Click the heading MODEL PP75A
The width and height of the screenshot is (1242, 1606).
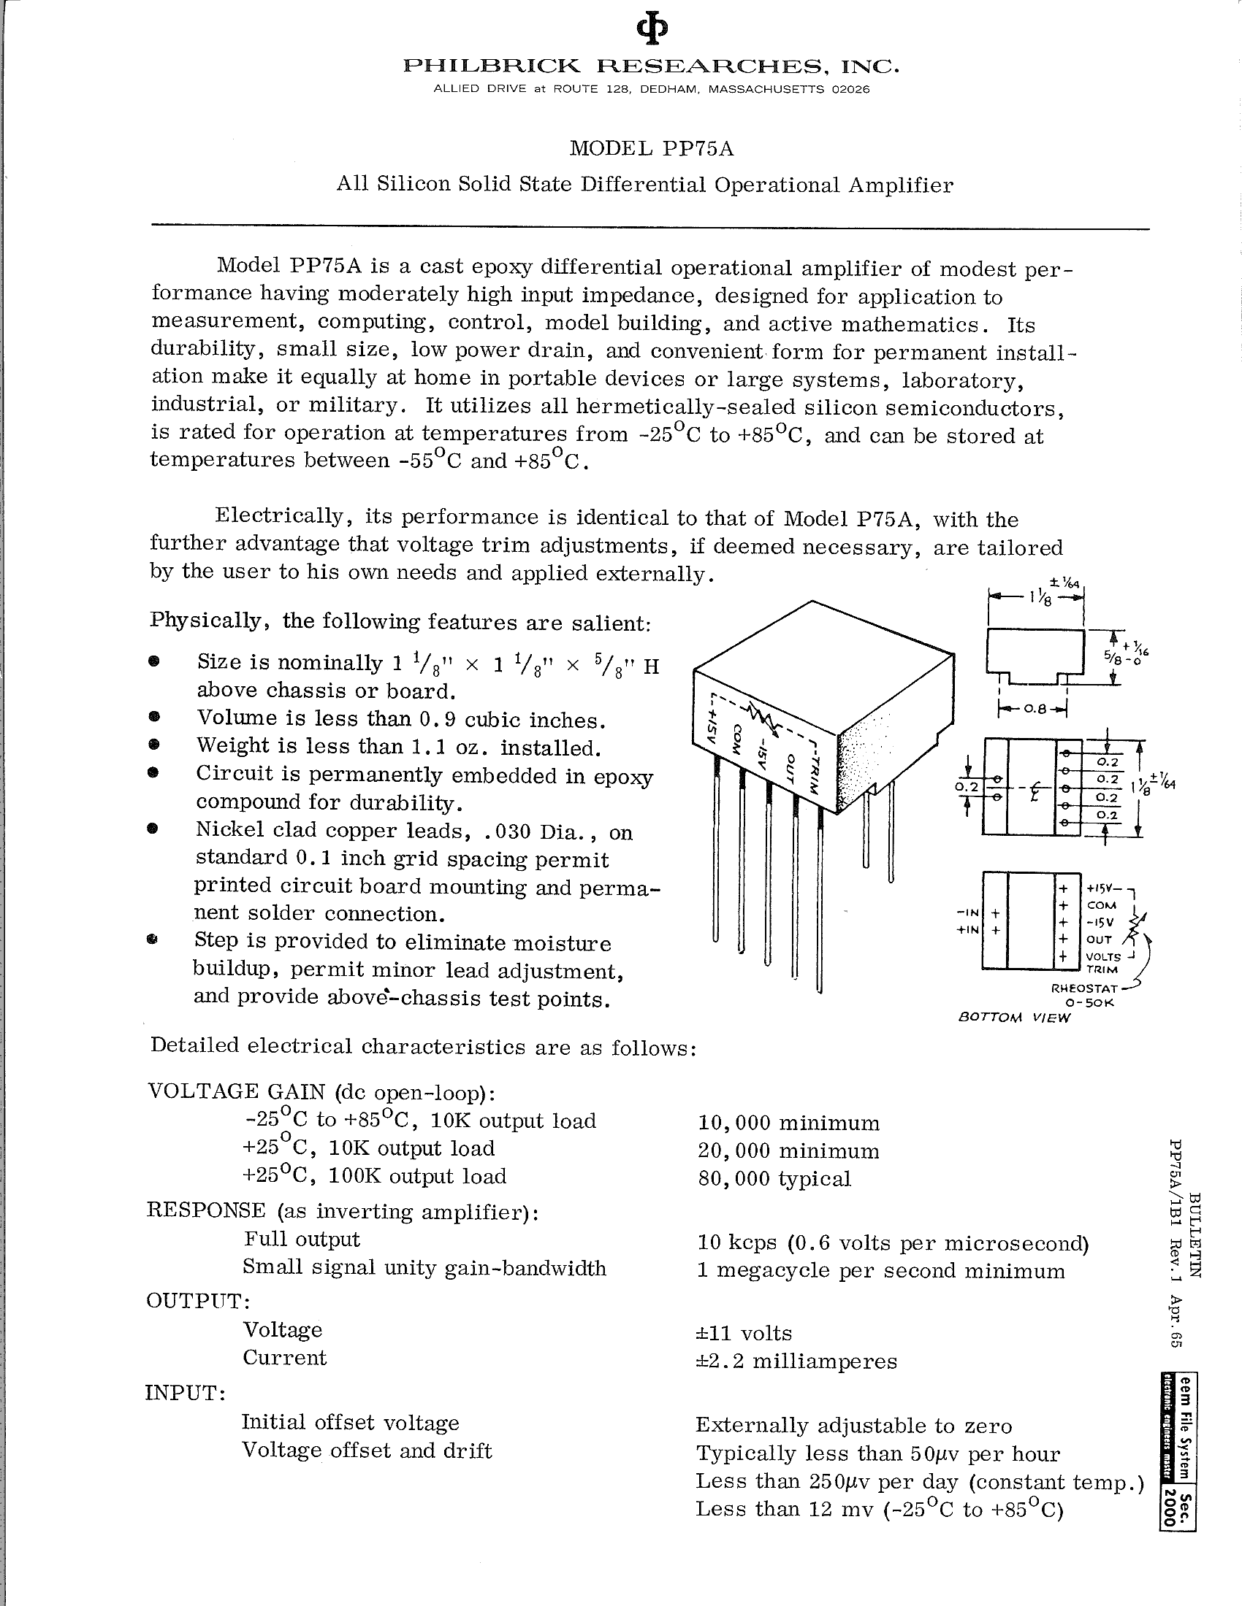(x=652, y=149)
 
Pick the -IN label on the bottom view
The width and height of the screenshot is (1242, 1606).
(x=967, y=913)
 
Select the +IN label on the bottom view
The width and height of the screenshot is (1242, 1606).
(x=967, y=929)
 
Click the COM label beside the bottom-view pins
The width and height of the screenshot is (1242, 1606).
(x=1102, y=905)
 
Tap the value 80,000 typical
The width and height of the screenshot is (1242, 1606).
(x=774, y=1179)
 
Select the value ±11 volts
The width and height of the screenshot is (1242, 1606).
(x=744, y=1333)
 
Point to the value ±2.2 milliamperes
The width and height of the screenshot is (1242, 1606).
(x=796, y=1361)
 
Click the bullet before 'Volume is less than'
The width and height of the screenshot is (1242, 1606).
(x=153, y=718)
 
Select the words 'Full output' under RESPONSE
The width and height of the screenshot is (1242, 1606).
(x=302, y=1239)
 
